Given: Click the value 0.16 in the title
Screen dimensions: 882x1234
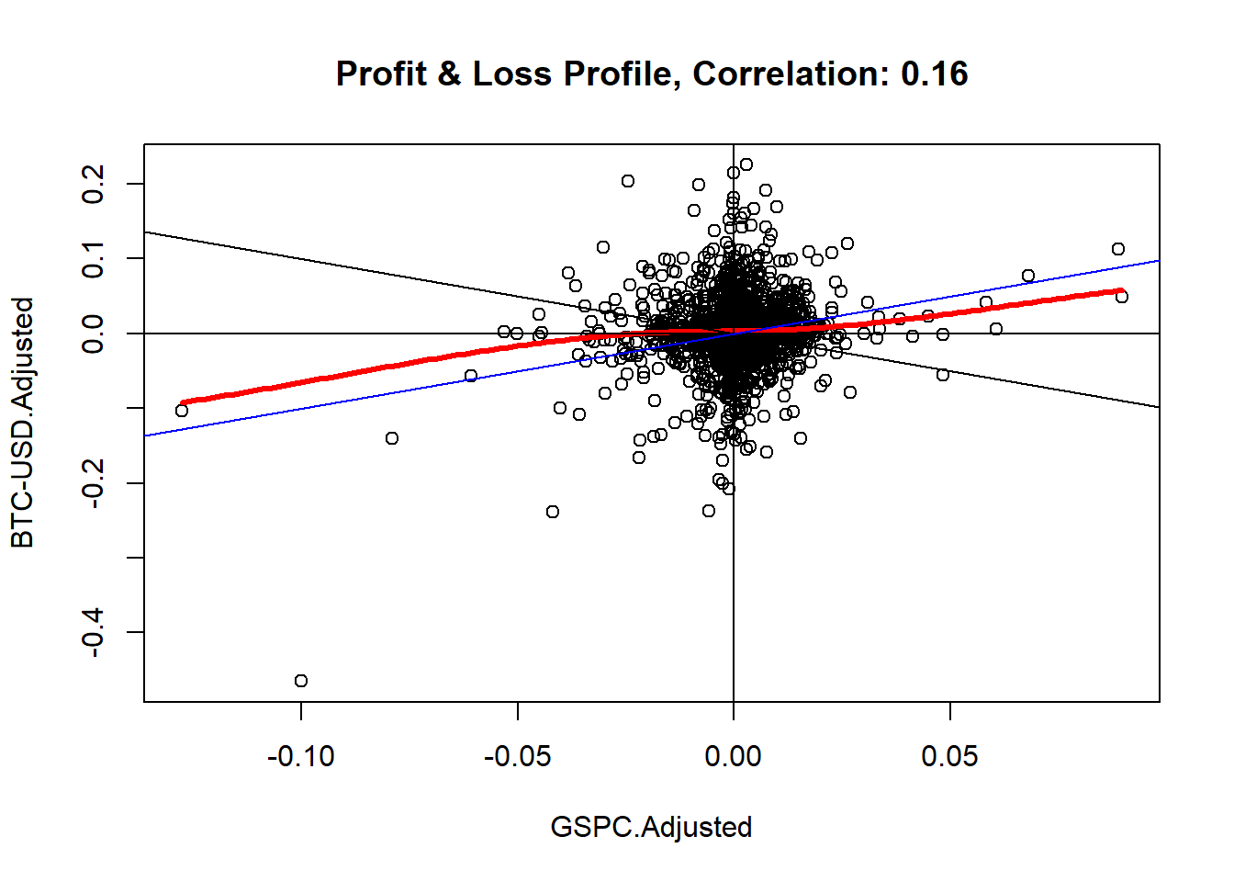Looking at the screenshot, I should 934,73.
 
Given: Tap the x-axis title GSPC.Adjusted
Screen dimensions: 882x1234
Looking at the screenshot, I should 651,827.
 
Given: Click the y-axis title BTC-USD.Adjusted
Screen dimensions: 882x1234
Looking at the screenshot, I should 22,423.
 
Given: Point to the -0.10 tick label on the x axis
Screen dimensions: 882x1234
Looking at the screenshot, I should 301,756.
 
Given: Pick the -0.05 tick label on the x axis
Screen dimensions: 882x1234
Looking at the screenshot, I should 518,756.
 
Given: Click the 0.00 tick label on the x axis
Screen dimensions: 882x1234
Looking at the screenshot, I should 734,756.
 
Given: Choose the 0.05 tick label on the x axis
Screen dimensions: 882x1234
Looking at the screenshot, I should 949,756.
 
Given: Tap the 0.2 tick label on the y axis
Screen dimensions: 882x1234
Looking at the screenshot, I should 93,184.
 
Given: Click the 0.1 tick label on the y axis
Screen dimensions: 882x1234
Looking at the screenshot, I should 93,258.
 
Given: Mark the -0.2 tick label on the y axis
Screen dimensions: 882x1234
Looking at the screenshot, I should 93,482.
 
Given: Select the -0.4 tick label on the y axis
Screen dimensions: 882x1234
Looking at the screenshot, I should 93,632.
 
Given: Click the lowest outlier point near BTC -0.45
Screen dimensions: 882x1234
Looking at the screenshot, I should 301,681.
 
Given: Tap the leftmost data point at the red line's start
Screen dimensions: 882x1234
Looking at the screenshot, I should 182,411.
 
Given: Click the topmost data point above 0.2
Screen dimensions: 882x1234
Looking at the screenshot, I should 746,164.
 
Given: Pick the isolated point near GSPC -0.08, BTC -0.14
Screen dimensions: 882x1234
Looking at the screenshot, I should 392,438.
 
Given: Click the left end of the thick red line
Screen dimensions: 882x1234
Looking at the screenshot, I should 183,402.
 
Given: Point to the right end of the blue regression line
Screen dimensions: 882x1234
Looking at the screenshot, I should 1158,261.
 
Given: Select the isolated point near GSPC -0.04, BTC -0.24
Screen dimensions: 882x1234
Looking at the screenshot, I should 553,512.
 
